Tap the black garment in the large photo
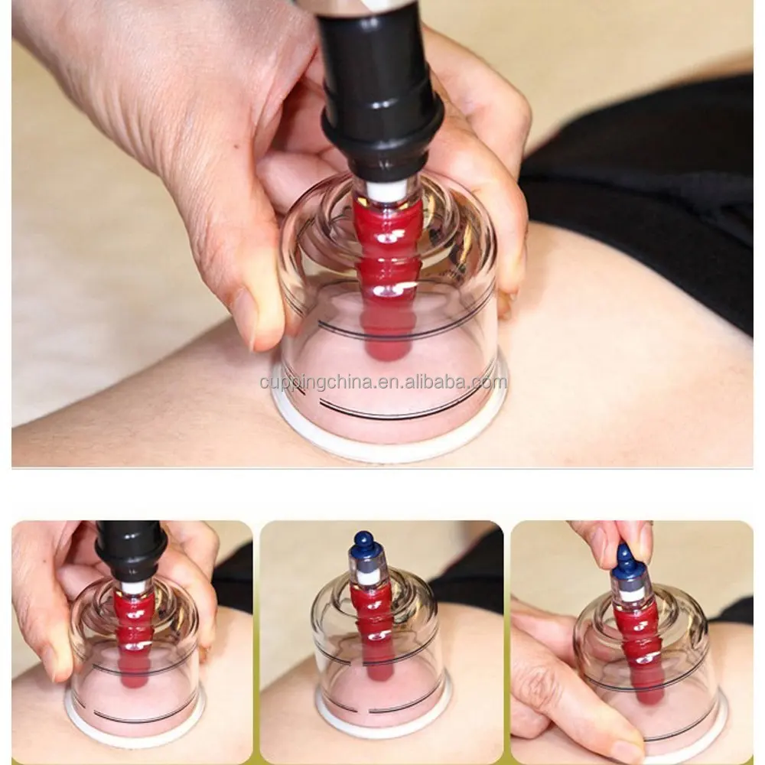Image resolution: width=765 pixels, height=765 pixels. click(650, 191)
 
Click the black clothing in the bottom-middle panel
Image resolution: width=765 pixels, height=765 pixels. click(467, 566)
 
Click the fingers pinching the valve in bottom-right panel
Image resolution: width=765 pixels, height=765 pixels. click(612, 535)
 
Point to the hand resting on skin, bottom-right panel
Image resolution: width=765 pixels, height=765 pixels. click(551, 673)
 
